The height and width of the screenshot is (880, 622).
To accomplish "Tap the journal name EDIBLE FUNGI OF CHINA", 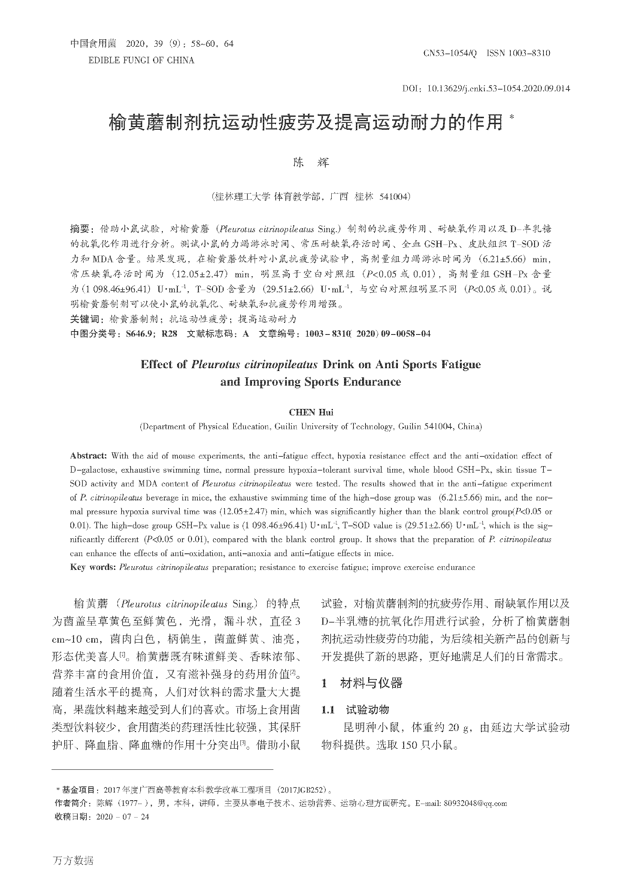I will click(141, 60).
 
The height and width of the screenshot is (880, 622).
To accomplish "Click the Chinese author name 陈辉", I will click(311, 163).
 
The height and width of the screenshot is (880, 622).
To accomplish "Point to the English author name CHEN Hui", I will click(311, 412).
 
